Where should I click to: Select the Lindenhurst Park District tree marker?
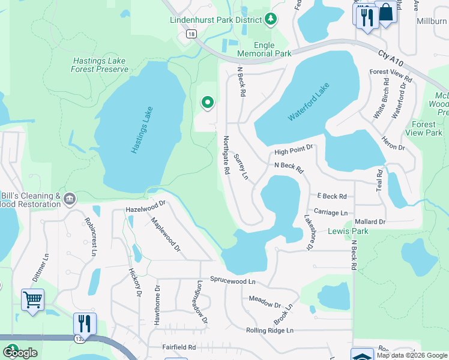pyautogui.click(x=271, y=20)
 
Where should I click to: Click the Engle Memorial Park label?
pyautogui.click(x=264, y=49)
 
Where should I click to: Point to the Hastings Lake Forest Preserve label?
pyautogui.click(x=100, y=65)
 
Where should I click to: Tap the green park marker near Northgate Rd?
pyautogui.click(x=208, y=103)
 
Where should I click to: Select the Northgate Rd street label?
pyautogui.click(x=226, y=155)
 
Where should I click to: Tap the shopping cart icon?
pyautogui.click(x=32, y=299)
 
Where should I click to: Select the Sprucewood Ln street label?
pyautogui.click(x=232, y=280)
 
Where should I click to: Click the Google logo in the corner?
pyautogui.click(x=20, y=353)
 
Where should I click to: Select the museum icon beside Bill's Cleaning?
pyautogui.click(x=70, y=199)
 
